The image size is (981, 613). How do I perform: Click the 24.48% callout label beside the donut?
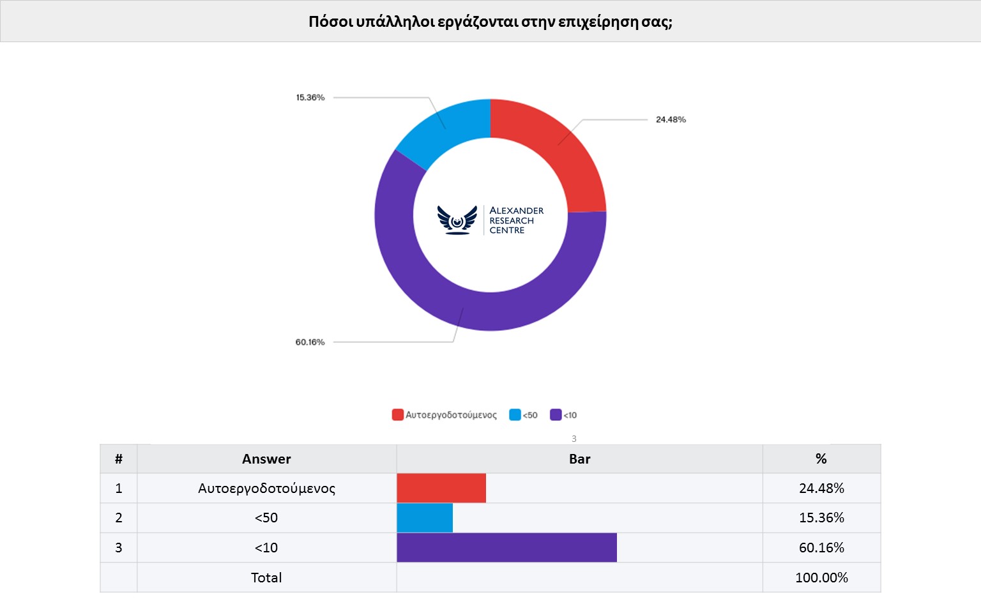coord(671,119)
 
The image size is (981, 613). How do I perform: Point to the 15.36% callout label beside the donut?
coord(310,98)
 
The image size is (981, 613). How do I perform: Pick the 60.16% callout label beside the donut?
coord(310,342)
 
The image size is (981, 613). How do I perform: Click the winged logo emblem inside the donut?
coord(457,220)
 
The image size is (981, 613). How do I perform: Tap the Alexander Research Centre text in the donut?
coord(516,220)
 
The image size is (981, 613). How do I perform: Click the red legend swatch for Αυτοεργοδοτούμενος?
coord(397,415)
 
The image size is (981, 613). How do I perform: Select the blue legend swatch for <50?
coord(515,415)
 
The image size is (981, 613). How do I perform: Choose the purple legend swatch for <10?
coord(556,415)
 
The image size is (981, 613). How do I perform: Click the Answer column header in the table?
coord(266,459)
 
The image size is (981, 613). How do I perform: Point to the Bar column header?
coord(579,459)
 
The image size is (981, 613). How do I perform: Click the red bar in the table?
coord(441,488)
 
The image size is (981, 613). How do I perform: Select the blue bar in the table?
coord(425,518)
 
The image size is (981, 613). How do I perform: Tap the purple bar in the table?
coord(506,547)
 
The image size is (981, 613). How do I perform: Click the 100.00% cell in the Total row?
coord(821,578)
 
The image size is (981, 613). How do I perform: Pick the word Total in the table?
coord(266,578)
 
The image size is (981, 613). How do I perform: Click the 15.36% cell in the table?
coord(821,518)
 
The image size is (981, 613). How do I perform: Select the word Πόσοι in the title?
coord(331,22)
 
